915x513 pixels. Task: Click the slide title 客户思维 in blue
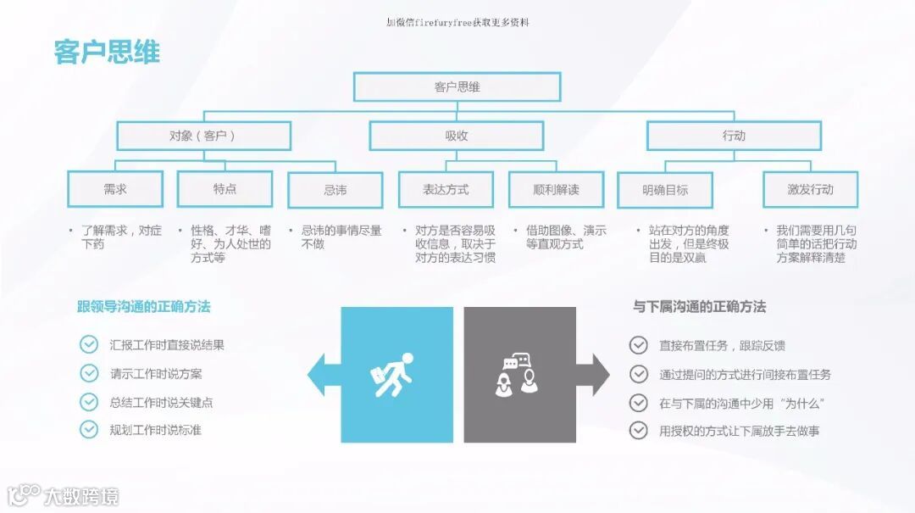tap(107, 53)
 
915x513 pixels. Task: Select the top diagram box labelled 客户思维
tap(457, 86)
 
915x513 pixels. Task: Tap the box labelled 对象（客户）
tap(203, 136)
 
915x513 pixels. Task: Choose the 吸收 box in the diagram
tap(457, 136)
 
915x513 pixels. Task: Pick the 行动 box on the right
tap(734, 136)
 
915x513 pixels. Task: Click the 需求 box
tap(115, 189)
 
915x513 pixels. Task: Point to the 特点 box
tap(225, 189)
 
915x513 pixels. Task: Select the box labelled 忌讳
tap(335, 190)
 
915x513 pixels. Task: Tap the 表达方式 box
tap(446, 189)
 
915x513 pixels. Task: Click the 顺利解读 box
tap(556, 189)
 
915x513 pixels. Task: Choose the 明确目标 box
tap(665, 190)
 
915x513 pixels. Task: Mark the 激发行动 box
tap(810, 189)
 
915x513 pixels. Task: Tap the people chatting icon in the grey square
tap(518, 375)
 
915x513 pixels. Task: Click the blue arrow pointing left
tap(323, 375)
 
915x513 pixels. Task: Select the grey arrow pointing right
tap(593, 375)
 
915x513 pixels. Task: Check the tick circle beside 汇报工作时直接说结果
tap(89, 344)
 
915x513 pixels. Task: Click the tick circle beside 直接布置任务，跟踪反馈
tap(639, 345)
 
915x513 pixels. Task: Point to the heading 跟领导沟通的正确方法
tap(144, 307)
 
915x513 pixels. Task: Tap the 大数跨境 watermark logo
tap(64, 495)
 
